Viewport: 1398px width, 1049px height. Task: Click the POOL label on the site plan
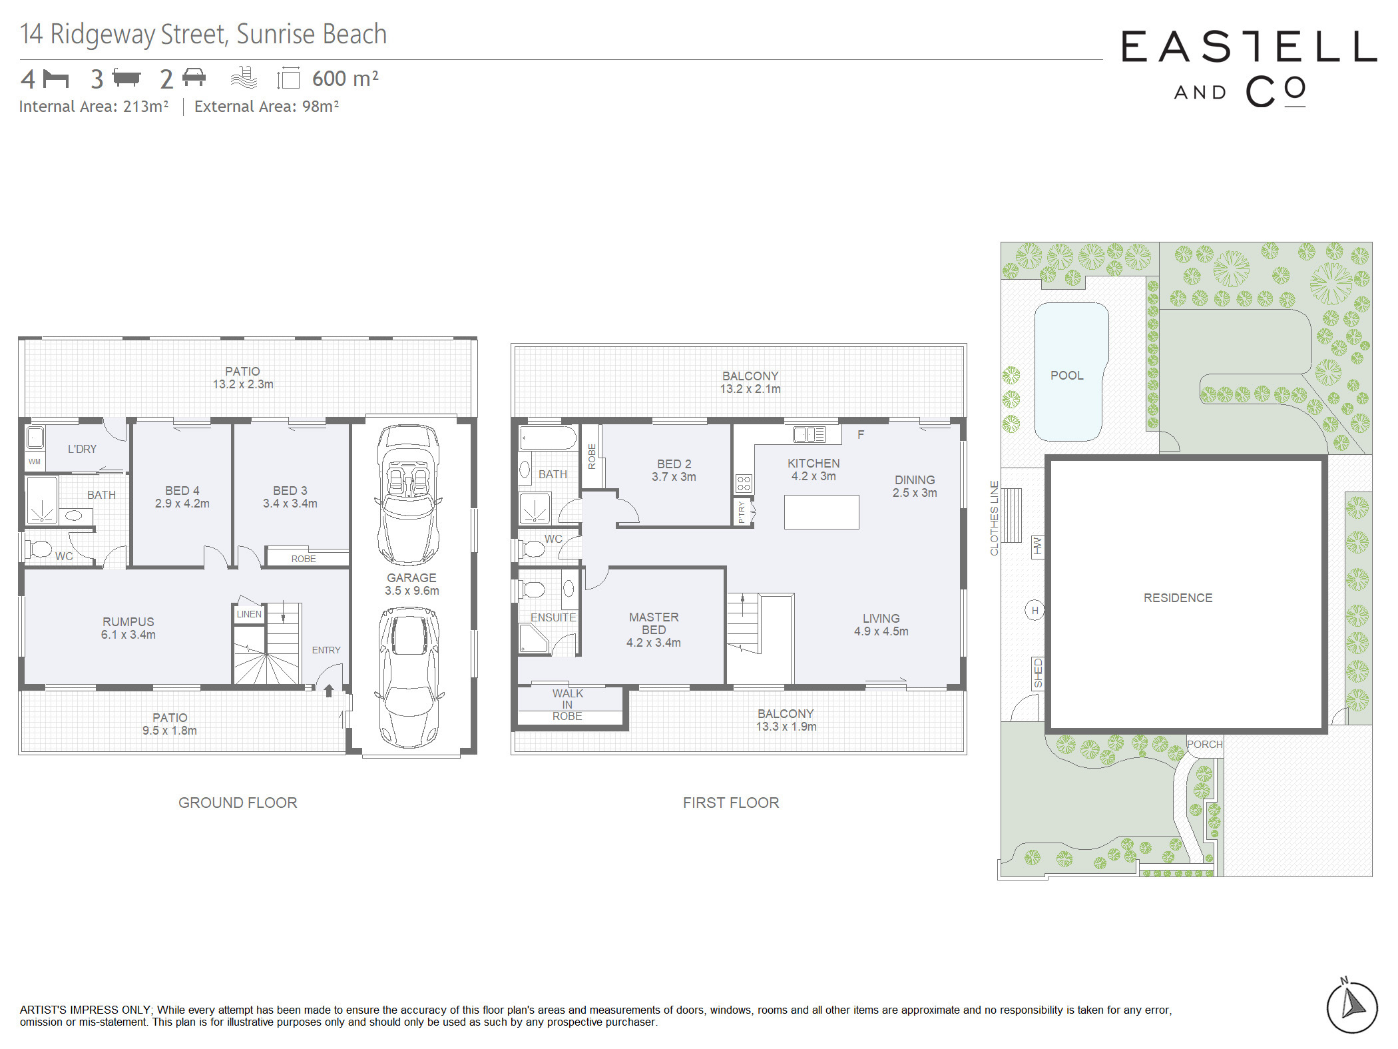(x=1066, y=376)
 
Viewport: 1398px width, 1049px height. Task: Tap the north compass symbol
(x=1351, y=1005)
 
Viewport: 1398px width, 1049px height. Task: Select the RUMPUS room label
(x=128, y=621)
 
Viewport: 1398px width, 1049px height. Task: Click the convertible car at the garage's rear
(x=409, y=495)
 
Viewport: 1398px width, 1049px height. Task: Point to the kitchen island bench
(x=821, y=512)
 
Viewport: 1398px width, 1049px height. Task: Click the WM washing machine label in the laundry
(x=35, y=462)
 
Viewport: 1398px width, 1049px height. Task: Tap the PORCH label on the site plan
(x=1204, y=744)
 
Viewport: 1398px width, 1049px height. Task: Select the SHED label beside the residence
(x=1038, y=673)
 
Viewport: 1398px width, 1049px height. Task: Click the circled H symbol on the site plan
(x=1035, y=610)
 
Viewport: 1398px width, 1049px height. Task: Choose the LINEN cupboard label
(x=249, y=614)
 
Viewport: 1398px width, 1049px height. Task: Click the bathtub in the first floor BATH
(x=548, y=438)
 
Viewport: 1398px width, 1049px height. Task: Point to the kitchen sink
(x=809, y=435)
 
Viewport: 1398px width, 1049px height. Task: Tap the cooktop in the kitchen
(x=744, y=484)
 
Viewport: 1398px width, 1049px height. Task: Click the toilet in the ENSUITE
(x=532, y=589)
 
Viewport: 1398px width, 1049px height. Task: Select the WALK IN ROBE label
(x=567, y=705)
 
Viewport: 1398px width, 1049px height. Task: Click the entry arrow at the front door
(x=329, y=691)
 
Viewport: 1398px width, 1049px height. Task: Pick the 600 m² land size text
(x=346, y=79)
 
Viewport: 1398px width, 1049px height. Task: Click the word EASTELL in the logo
(x=1249, y=47)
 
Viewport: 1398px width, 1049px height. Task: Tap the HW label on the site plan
(x=1037, y=547)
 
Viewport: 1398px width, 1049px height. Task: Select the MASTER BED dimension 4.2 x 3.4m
(x=653, y=643)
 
